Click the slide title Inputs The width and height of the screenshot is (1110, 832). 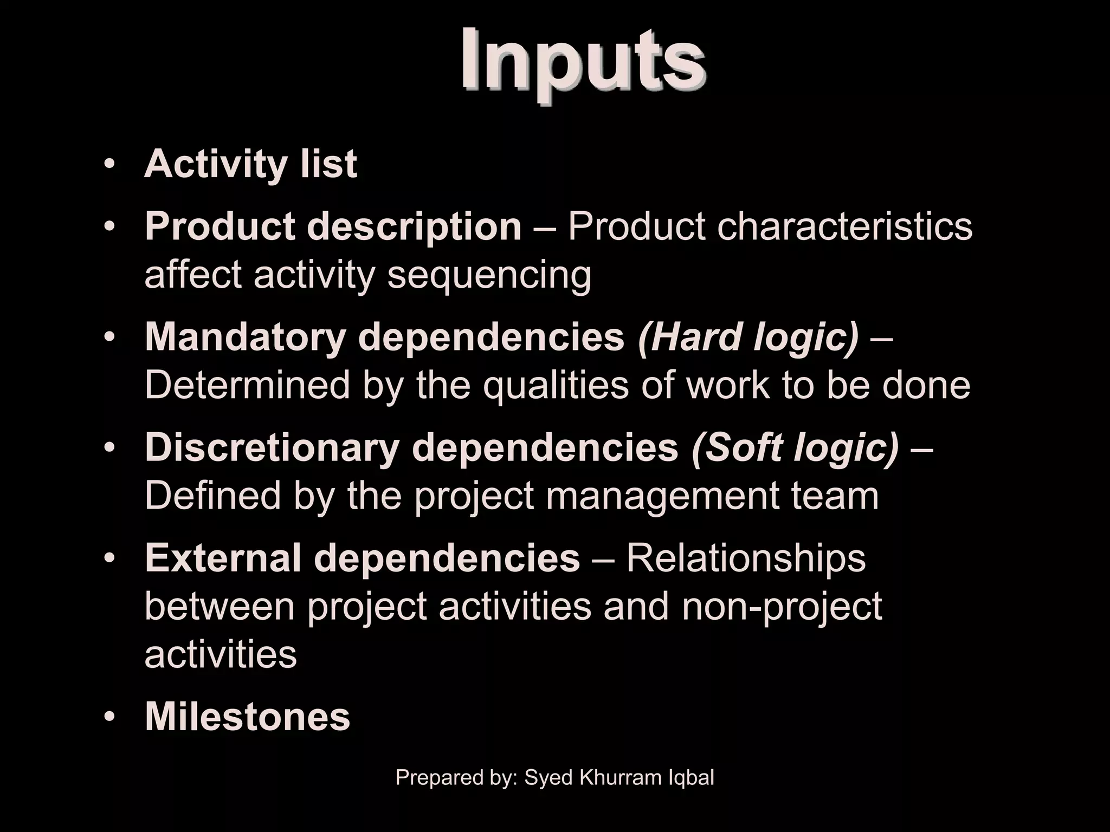pos(583,65)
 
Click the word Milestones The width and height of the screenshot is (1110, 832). pos(248,717)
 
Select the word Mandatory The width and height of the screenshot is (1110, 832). pos(245,337)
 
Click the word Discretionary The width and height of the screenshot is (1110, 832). pos(273,447)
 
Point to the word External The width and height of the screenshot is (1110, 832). pos(223,558)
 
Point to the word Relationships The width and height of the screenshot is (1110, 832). pos(746,558)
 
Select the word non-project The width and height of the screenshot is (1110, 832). pos(782,607)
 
